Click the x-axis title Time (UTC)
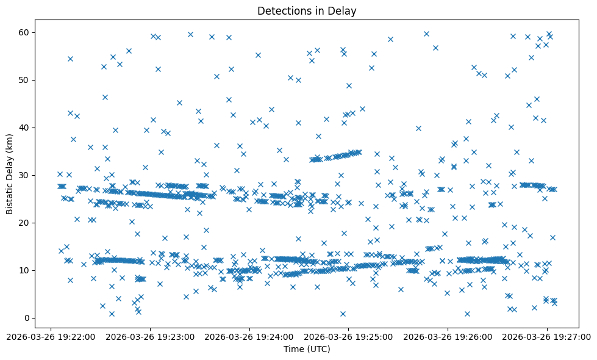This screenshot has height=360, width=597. (x=307, y=349)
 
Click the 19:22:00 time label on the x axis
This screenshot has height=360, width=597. (x=51, y=336)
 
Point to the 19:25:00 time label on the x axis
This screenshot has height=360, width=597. (x=348, y=336)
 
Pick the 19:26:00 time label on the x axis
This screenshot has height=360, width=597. (x=448, y=336)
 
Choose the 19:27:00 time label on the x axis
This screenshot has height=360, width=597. (x=547, y=336)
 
